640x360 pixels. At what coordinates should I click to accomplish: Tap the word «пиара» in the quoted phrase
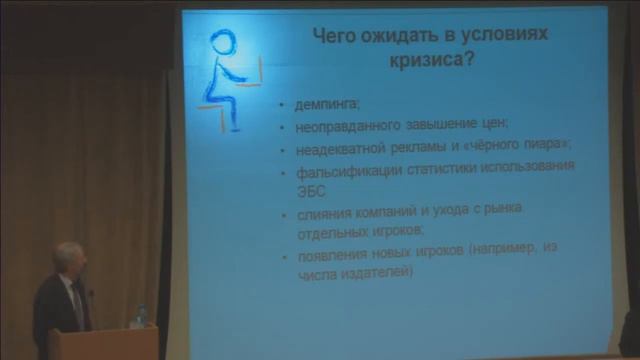532,146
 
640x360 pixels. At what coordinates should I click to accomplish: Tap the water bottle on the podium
142,315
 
